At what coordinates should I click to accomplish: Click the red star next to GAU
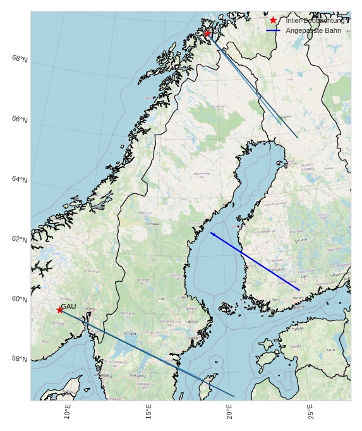click(59, 310)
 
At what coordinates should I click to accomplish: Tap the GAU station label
click(68, 306)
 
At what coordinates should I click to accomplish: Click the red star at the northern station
click(207, 33)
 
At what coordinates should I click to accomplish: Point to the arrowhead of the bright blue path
click(212, 233)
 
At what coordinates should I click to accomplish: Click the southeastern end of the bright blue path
click(299, 290)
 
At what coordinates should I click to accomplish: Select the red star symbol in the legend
click(273, 20)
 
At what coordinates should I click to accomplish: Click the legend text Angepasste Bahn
click(313, 30)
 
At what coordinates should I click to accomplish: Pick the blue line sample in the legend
click(273, 30)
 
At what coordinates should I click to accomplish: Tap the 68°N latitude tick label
click(20, 59)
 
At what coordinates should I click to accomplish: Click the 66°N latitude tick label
click(20, 119)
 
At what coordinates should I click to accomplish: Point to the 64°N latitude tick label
click(20, 179)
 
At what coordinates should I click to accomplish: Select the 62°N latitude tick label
click(20, 240)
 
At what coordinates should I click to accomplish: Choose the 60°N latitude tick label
click(20, 299)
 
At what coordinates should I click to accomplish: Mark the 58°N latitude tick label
click(20, 359)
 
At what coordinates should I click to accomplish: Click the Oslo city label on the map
click(90, 308)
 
